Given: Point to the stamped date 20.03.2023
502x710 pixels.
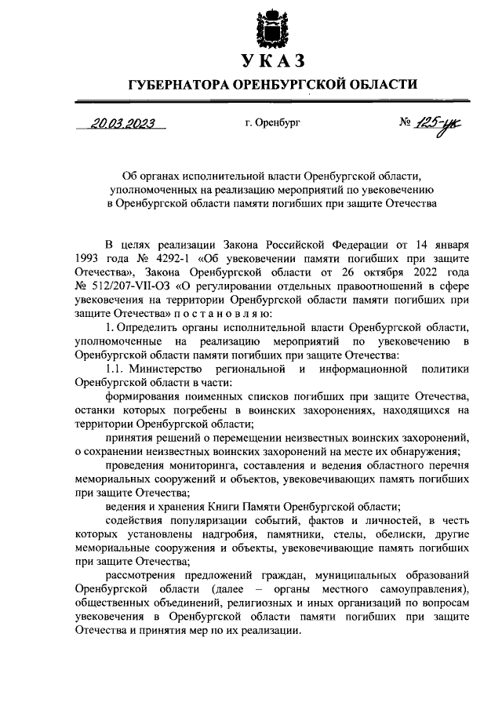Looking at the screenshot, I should tap(122, 122).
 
